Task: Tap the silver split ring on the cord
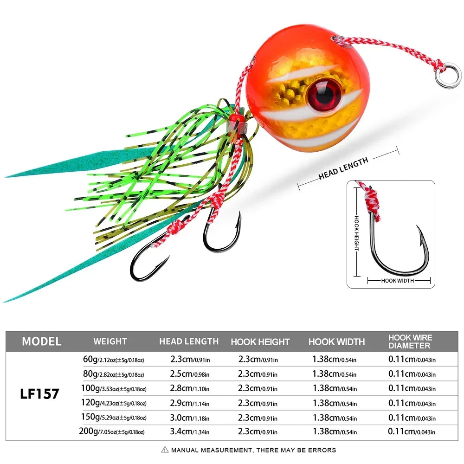(x=448, y=74)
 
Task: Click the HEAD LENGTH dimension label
(x=343, y=168)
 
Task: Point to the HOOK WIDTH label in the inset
(x=399, y=280)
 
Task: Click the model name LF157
(x=39, y=394)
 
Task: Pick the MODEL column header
(x=41, y=342)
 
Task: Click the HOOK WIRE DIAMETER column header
(x=410, y=342)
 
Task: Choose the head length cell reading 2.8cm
(x=189, y=388)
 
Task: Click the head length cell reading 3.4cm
(x=189, y=432)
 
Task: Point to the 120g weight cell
(x=113, y=402)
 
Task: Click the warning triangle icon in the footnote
(x=165, y=450)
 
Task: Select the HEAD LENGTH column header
(x=189, y=342)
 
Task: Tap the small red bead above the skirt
(x=237, y=118)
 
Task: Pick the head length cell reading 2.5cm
(x=189, y=374)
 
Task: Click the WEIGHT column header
(x=110, y=342)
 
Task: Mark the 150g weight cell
(x=113, y=417)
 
